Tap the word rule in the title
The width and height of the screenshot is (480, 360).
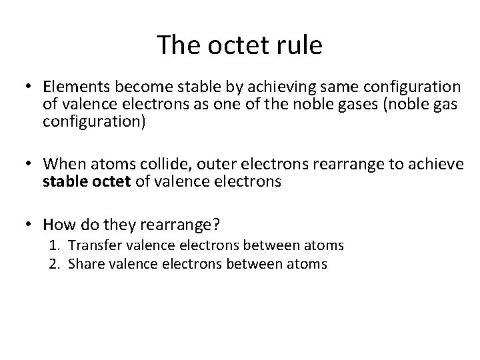click(301, 45)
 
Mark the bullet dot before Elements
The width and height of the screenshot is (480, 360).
click(30, 87)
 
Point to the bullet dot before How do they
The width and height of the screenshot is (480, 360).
click(30, 225)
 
